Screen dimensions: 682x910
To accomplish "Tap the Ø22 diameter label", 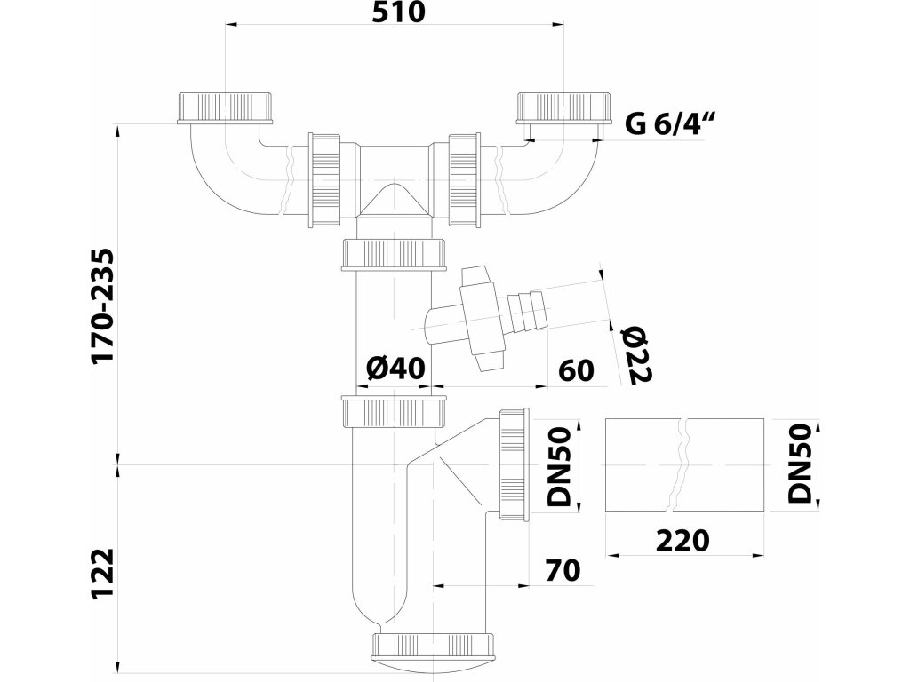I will pyautogui.click(x=638, y=353).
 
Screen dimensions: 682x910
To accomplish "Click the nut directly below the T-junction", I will pyautogui.click(x=393, y=255).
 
